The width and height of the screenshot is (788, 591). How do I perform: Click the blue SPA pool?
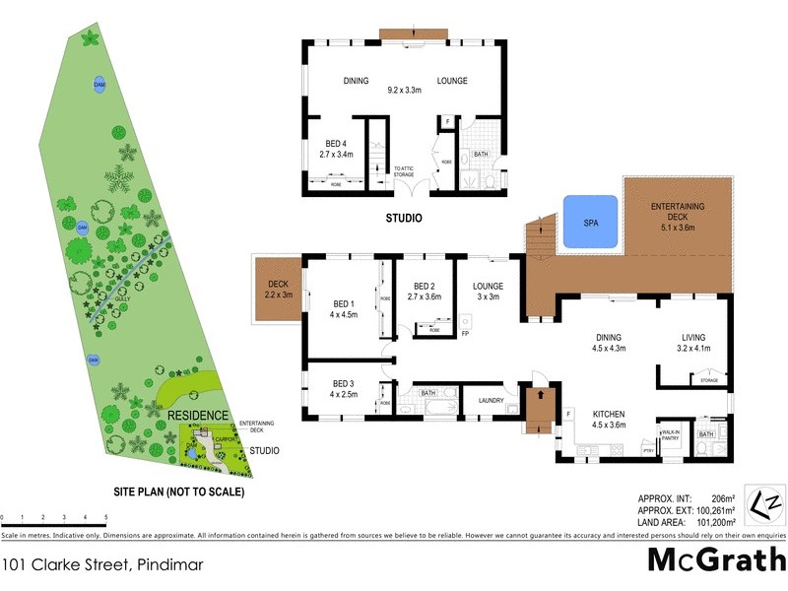[x=589, y=222]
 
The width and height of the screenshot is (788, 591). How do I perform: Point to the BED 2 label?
[x=425, y=288]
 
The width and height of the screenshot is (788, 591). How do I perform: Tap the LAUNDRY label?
[x=492, y=401]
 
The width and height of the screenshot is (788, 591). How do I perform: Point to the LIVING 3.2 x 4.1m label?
[x=700, y=341]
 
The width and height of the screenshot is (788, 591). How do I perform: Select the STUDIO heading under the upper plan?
[x=404, y=218]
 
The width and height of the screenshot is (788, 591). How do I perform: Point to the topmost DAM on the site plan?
[x=99, y=85]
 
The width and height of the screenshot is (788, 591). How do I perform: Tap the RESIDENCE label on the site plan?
[x=197, y=417]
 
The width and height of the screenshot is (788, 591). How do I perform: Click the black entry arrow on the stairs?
[x=538, y=396]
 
